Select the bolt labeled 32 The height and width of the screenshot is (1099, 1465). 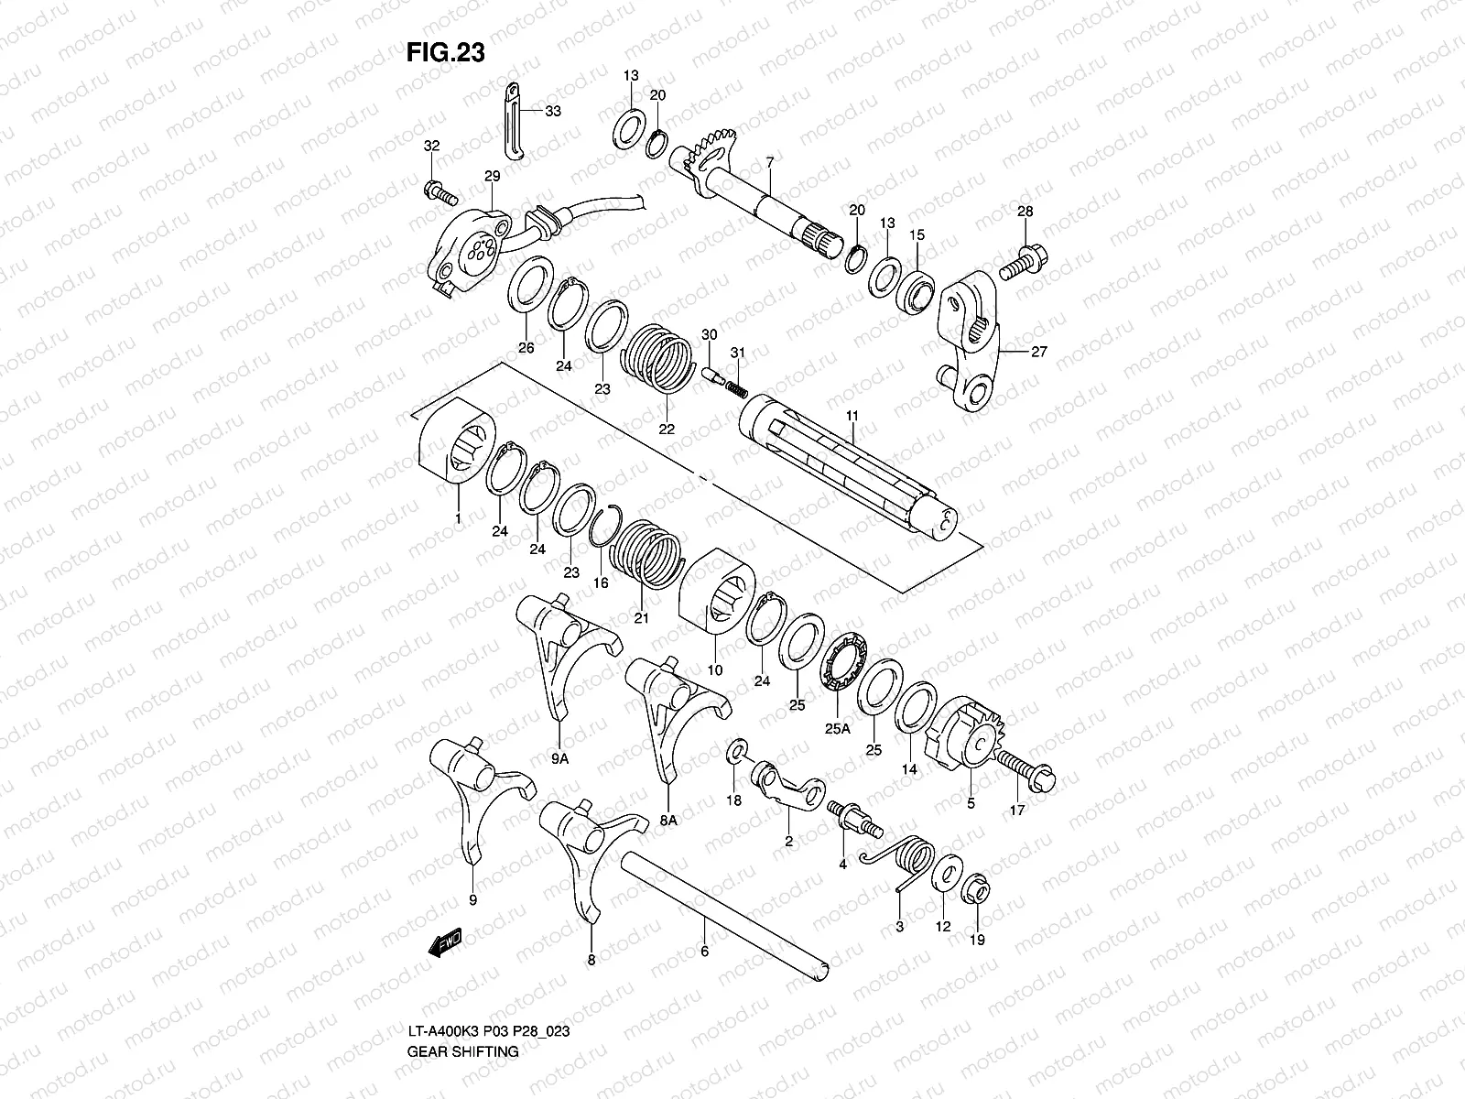[441, 193]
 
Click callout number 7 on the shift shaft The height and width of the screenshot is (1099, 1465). [770, 163]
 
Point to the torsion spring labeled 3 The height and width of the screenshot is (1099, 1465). [910, 863]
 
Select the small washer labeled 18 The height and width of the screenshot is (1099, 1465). [735, 754]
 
